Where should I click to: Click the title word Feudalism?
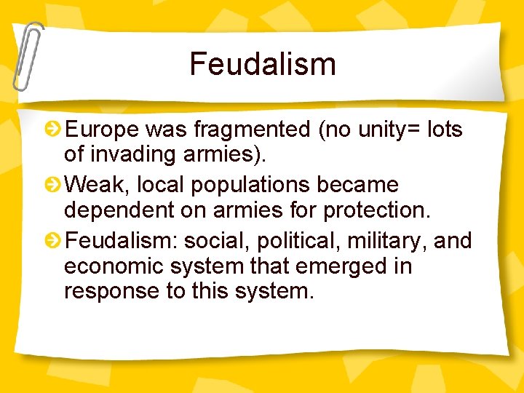pos(263,64)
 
